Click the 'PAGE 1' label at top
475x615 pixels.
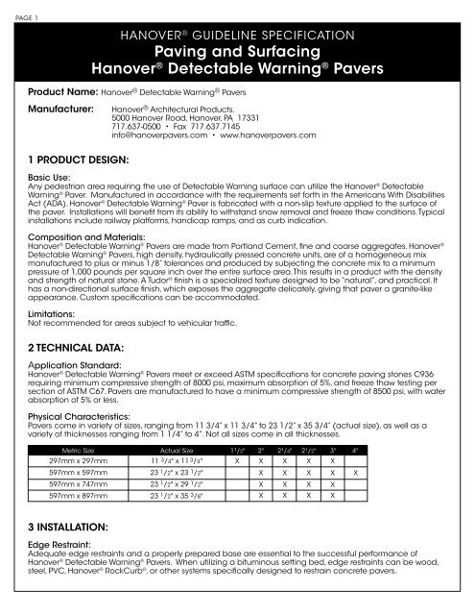click(15, 6)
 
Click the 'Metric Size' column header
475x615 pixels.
click(83, 448)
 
